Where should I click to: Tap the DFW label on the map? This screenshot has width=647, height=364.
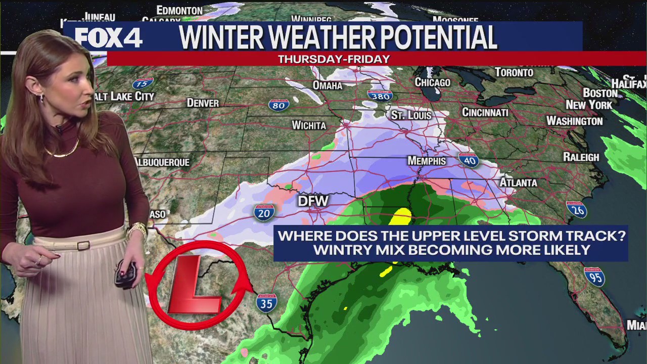[313, 201]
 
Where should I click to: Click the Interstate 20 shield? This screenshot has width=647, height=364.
[264, 212]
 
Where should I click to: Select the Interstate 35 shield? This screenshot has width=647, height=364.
[266, 302]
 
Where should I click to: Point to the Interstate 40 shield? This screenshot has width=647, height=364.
[469, 160]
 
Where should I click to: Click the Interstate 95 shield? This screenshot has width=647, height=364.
[594, 277]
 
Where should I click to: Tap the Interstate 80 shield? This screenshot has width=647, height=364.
[279, 105]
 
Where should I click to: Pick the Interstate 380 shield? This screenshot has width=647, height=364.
[380, 96]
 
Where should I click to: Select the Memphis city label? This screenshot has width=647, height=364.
[427, 161]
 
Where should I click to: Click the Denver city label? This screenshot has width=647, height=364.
[203, 103]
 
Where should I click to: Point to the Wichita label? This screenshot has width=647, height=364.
[309, 125]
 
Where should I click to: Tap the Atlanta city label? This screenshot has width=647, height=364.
[518, 182]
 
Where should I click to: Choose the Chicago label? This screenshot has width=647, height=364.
[432, 82]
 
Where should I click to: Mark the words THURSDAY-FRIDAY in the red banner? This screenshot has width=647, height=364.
[334, 59]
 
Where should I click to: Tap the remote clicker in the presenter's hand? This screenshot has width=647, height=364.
[124, 273]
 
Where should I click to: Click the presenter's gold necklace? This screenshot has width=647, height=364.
[63, 151]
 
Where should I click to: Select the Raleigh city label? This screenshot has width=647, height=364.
[581, 157]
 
